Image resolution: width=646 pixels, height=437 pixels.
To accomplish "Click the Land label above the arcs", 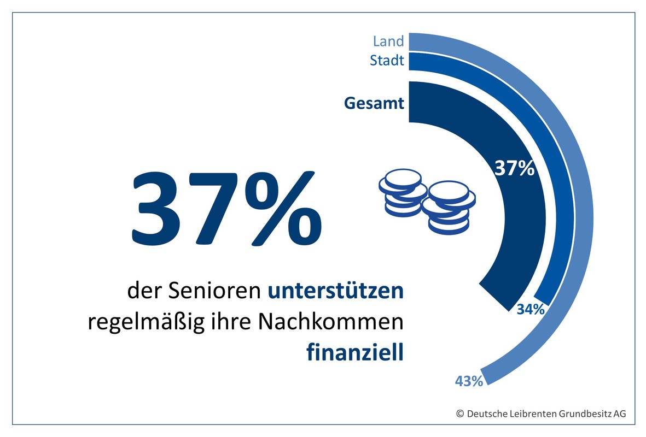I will coord(388,41).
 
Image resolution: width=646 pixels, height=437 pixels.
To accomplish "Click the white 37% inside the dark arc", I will coord(514,169).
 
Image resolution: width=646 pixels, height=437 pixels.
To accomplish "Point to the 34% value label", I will coord(530,310).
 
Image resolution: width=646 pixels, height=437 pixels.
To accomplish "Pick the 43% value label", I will coord(469,381).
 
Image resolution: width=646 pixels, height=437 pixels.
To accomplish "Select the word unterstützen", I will coord(335,291).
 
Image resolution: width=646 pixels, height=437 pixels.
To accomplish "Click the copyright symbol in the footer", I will coord(460,414).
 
